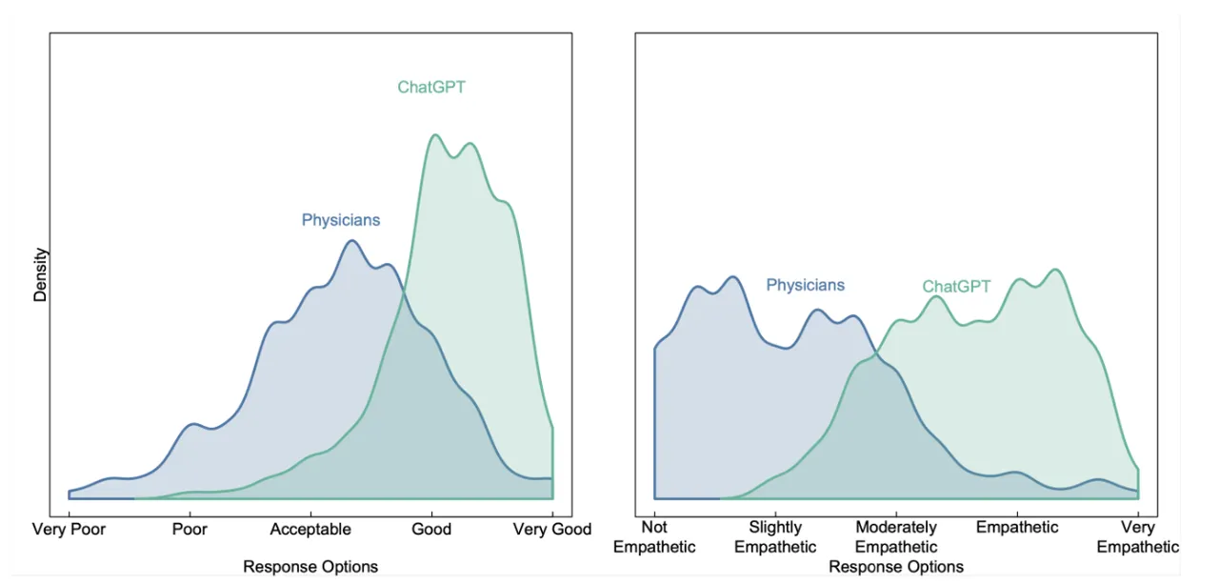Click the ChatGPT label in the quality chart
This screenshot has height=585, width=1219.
click(431, 87)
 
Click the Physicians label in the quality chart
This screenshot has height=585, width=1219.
click(341, 220)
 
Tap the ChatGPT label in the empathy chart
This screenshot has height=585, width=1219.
click(956, 287)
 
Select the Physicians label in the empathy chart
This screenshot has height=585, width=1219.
click(806, 285)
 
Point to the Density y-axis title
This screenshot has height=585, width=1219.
click(40, 274)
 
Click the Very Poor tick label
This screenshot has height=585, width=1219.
click(69, 529)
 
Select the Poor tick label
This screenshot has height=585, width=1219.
click(190, 529)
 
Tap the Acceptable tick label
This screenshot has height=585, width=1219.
click(310, 529)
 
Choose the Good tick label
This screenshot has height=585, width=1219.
click(431, 529)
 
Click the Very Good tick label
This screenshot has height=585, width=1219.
click(551, 529)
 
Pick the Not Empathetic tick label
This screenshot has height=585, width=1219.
click(654, 536)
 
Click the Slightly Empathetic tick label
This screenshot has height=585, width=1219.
click(775, 536)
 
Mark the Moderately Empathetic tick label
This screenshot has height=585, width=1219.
click(896, 536)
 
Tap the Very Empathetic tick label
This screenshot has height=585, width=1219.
click(1137, 536)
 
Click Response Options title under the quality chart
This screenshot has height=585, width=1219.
click(310, 567)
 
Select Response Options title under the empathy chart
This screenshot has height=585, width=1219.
click(896, 567)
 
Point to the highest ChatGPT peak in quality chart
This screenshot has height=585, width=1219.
click(435, 134)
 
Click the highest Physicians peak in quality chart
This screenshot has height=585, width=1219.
click(352, 240)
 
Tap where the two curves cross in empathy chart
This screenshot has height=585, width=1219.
click(876, 354)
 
